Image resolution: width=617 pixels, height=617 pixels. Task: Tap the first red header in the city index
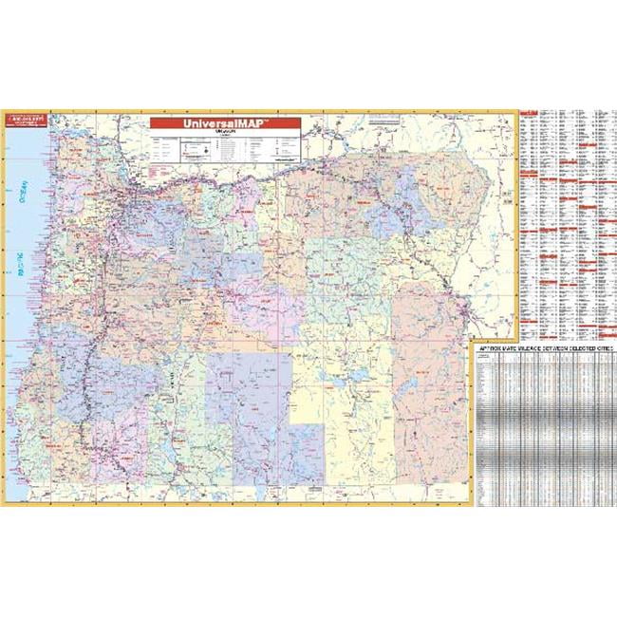point(531,114)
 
